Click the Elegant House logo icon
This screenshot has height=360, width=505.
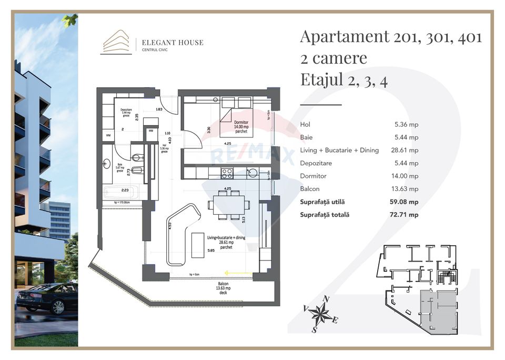point(116,42)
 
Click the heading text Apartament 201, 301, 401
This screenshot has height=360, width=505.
point(390,37)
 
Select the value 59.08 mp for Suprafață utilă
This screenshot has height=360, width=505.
point(406,202)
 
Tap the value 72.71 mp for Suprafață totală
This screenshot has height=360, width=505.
point(406,215)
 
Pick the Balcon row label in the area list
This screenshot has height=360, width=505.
point(309,189)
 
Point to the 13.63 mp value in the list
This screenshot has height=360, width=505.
point(406,189)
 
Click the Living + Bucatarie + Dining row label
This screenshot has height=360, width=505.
point(339,151)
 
